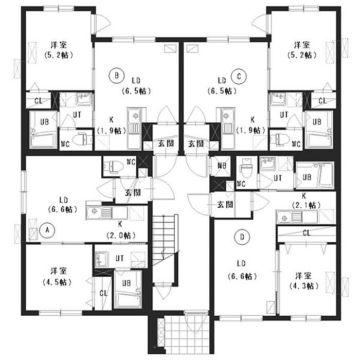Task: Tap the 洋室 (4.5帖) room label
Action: [x=58, y=276]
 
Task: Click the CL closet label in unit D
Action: [x=307, y=233]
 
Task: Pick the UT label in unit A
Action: [x=119, y=258]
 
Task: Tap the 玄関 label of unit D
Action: [x=224, y=204]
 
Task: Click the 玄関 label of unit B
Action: [x=165, y=143]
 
